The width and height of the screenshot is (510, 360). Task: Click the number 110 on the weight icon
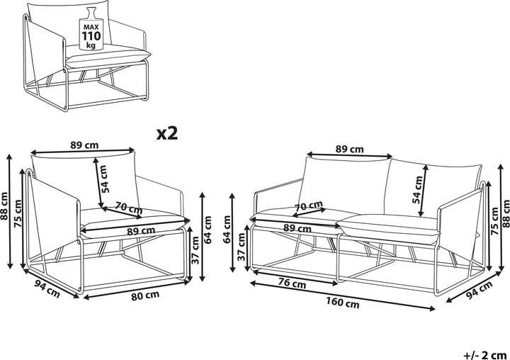[x=91, y=36]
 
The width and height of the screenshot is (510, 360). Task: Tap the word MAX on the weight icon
[x=91, y=27]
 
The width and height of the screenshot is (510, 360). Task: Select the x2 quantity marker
[x=167, y=133]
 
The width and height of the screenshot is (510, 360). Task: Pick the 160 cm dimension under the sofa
[x=343, y=303]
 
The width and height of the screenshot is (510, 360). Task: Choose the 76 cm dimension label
[x=293, y=283]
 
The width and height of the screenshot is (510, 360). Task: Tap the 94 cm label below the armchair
[x=47, y=288]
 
